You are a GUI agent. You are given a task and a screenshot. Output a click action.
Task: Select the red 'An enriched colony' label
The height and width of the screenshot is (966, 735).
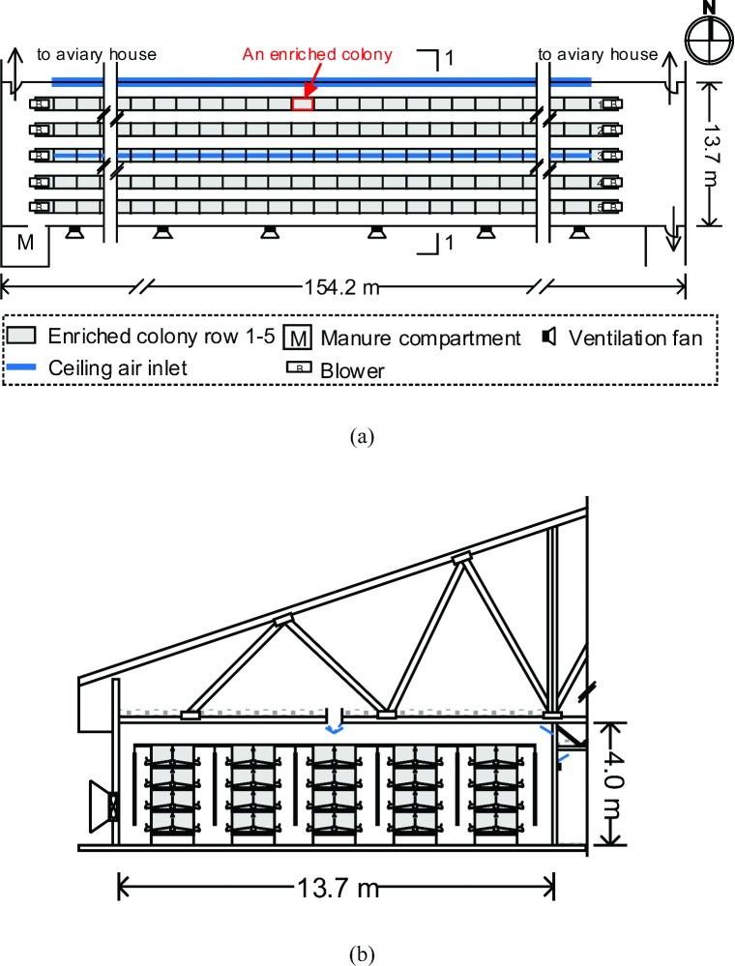331,54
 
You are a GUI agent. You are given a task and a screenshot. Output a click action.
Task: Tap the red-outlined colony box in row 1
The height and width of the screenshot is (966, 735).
304,103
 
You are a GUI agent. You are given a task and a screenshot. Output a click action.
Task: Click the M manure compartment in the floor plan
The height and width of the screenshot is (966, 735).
26,245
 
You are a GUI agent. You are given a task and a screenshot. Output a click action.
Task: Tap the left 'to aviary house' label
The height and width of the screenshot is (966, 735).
96,54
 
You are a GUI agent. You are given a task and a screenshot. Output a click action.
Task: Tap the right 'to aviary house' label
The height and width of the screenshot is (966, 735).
598,54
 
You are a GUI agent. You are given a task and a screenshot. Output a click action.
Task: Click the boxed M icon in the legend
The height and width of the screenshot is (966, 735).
300,337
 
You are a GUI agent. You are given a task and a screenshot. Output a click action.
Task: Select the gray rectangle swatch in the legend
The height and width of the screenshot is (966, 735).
22,337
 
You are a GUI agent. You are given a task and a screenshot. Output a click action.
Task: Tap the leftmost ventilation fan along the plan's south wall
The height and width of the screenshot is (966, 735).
72,232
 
